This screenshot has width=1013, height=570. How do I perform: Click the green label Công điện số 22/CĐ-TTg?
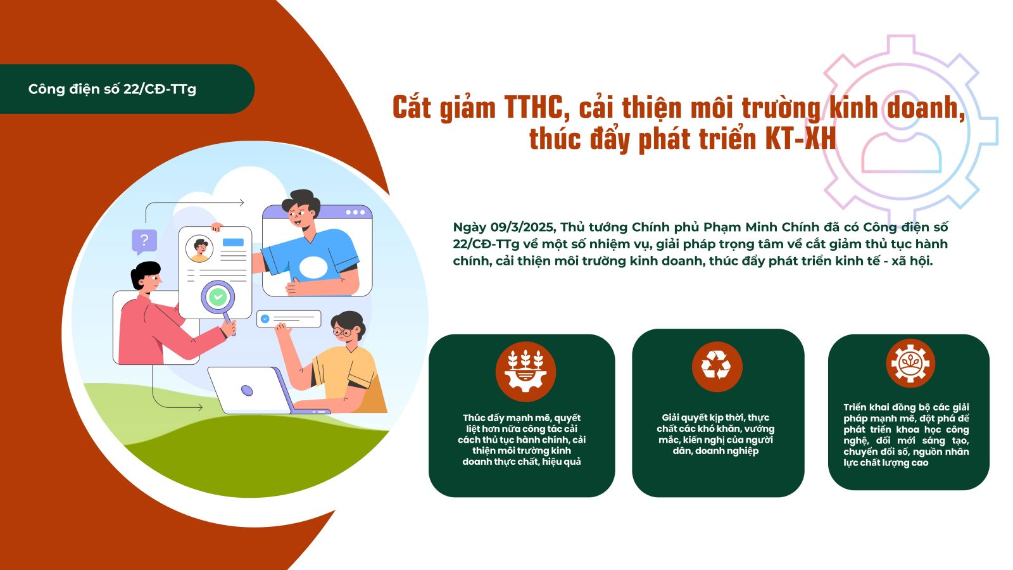point(112,89)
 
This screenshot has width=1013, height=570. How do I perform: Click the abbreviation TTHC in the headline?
point(536,108)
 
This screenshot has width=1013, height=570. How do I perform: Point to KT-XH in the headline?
point(800,139)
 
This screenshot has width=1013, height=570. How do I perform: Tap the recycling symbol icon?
point(716,366)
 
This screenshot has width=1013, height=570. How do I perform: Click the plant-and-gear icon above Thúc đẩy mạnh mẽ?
point(525,371)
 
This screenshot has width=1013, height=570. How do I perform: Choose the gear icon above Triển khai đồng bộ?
point(910,364)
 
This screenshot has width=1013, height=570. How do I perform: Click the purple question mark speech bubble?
point(144,241)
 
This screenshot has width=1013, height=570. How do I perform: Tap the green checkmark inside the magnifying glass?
point(218,297)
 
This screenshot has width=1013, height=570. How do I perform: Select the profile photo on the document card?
point(199,249)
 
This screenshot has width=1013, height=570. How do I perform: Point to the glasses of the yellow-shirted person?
point(343,332)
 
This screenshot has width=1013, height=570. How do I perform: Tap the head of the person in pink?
point(146,277)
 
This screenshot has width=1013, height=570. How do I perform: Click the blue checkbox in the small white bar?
point(265,319)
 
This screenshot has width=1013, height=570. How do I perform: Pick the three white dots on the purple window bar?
point(355,212)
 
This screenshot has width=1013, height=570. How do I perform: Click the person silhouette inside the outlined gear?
point(902,141)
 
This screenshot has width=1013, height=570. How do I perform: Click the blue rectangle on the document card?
point(234,242)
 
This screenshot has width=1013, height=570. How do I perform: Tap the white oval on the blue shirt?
point(313,267)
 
